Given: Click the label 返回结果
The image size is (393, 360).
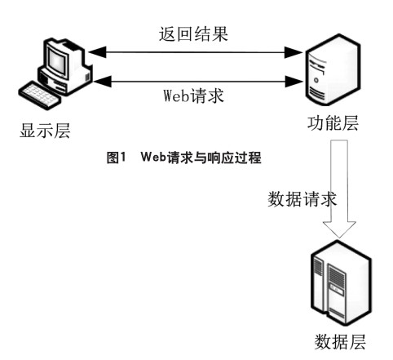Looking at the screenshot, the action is click(x=193, y=34).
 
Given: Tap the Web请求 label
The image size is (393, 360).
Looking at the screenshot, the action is click(x=193, y=96).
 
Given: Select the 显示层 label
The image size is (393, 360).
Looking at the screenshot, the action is click(x=45, y=131).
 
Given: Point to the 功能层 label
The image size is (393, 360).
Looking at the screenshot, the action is click(x=333, y=122).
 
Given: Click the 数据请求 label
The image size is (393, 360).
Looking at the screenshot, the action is click(x=302, y=199).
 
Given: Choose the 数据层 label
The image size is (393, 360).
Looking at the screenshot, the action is click(x=340, y=341).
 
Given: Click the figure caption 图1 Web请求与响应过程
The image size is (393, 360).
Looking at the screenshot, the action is click(x=184, y=158).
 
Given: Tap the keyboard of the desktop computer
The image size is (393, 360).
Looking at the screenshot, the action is click(x=40, y=96).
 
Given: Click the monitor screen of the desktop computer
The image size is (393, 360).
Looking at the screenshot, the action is click(x=56, y=60).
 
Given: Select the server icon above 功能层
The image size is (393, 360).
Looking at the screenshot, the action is click(x=333, y=69).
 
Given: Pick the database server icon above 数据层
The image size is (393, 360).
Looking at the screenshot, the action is click(x=341, y=283).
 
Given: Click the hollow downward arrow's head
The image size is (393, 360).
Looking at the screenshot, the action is click(x=339, y=229).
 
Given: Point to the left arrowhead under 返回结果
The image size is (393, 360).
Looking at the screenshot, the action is click(x=97, y=52).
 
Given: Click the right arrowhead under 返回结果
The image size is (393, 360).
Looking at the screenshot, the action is click(x=294, y=52).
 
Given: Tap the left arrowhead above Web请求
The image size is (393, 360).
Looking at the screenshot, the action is click(x=102, y=81).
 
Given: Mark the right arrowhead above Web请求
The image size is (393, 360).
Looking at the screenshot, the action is click(x=294, y=81).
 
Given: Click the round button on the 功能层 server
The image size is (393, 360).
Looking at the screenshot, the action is click(x=316, y=80).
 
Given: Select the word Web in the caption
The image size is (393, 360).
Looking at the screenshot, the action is click(x=153, y=157).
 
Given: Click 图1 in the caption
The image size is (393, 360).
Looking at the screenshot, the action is click(x=117, y=158).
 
